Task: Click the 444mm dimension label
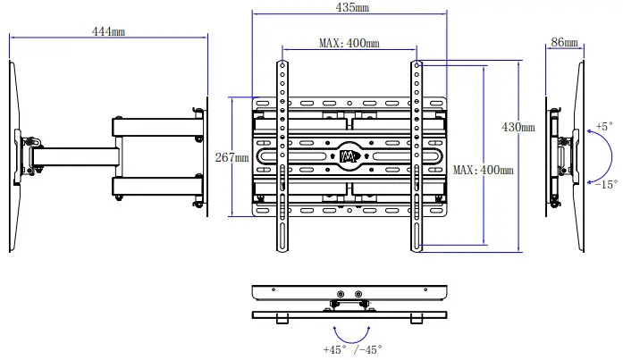(108, 31)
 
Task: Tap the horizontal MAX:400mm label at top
(349, 43)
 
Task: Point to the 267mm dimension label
(232, 157)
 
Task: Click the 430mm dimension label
(518, 128)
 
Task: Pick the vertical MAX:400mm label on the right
(484, 170)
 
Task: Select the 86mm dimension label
(564, 42)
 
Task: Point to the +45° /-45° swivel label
(352, 349)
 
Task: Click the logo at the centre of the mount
(349, 157)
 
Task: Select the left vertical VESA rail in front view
(282, 156)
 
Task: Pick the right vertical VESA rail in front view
(417, 156)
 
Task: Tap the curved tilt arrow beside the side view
(592, 155)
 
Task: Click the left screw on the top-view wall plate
(340, 294)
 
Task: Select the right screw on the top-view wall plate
(358, 294)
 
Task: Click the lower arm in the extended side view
(156, 186)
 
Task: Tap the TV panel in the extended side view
(13, 156)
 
